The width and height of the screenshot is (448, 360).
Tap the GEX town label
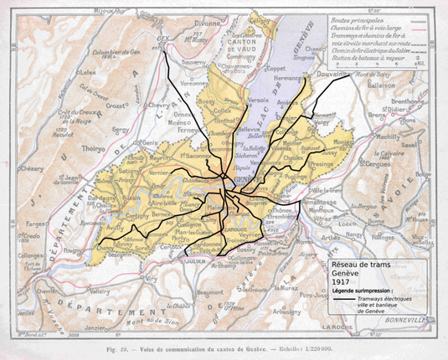(x=165, y=39)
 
